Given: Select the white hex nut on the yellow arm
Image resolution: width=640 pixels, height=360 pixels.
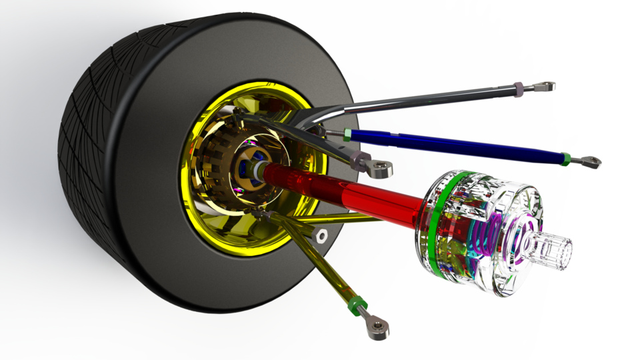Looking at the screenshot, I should tap(321, 235).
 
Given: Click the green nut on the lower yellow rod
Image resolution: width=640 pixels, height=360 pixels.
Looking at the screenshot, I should tap(357, 304).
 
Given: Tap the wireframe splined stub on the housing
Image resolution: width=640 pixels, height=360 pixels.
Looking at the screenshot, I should tap(553, 252).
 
